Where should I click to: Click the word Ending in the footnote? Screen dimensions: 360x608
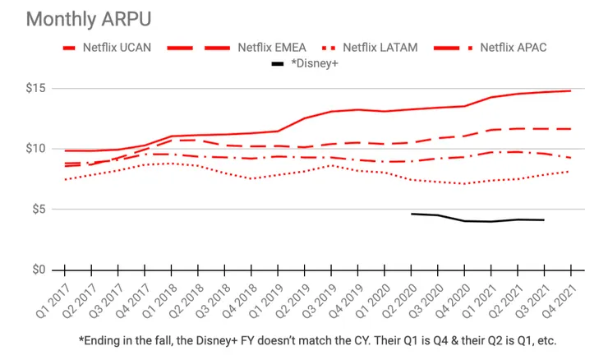(x=105, y=339)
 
